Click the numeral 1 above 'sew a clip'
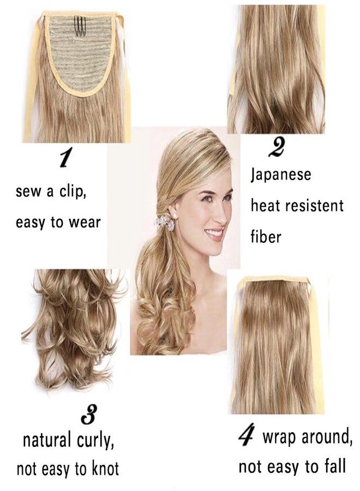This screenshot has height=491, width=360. [x=65, y=159]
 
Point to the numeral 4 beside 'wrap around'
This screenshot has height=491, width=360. [x=247, y=437]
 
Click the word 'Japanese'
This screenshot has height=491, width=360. [x=281, y=176]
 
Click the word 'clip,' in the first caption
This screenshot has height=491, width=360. [x=70, y=193]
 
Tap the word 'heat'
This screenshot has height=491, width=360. [x=264, y=206]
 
